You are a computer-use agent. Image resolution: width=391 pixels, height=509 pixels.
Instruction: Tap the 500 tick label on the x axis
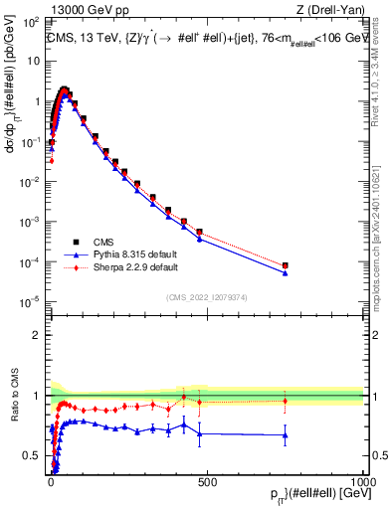[207, 481]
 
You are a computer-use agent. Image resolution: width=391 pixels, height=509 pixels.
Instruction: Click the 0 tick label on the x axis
[51, 481]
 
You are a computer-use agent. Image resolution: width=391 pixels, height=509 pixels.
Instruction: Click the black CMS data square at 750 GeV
[286, 265]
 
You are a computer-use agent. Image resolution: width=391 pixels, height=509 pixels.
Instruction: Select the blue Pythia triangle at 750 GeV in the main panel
[286, 272]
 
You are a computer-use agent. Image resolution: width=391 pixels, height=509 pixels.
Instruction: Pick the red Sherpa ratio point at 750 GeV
[286, 401]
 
